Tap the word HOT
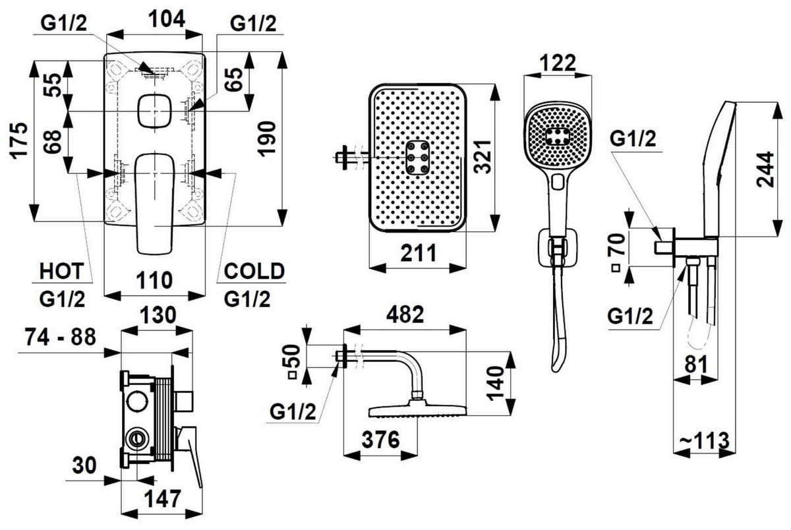[61, 270]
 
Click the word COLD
[254, 270]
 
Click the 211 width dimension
[417, 252]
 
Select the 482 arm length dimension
[404, 315]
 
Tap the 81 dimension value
[692, 363]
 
